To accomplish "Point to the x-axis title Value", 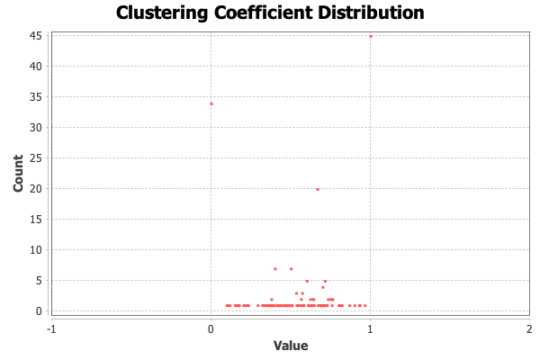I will tap(291, 346).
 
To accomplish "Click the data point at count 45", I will tap(370, 36).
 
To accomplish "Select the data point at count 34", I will tap(211, 103).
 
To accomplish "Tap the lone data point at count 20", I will tap(317, 189).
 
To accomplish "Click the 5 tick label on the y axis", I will tap(40, 280).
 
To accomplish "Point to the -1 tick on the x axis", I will tap(51, 328).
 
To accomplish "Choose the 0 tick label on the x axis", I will tap(211, 328).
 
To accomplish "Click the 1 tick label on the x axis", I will tap(370, 328).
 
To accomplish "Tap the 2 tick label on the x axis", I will tap(529, 328).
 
